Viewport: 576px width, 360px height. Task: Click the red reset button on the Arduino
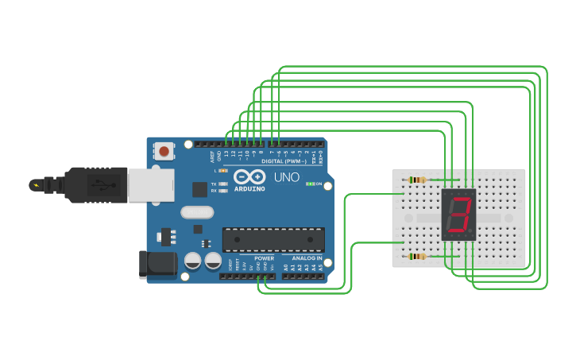point(164,150)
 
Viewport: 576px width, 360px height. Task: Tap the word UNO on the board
point(286,177)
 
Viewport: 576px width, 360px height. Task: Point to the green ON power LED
point(309,184)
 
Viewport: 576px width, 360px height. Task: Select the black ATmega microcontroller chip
point(273,238)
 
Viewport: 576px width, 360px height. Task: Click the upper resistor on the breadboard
point(417,180)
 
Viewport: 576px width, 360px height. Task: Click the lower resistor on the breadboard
point(417,256)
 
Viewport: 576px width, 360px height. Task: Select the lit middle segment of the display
point(458,215)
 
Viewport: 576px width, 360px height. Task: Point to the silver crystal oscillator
point(197,212)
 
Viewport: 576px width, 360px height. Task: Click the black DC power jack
point(157,265)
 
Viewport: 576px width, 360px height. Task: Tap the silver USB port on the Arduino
point(151,185)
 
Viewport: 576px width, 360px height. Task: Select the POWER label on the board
point(264,258)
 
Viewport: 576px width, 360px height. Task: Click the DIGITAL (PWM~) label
point(282,161)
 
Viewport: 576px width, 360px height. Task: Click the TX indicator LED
point(223,184)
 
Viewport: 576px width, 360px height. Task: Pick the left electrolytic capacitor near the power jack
point(192,261)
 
